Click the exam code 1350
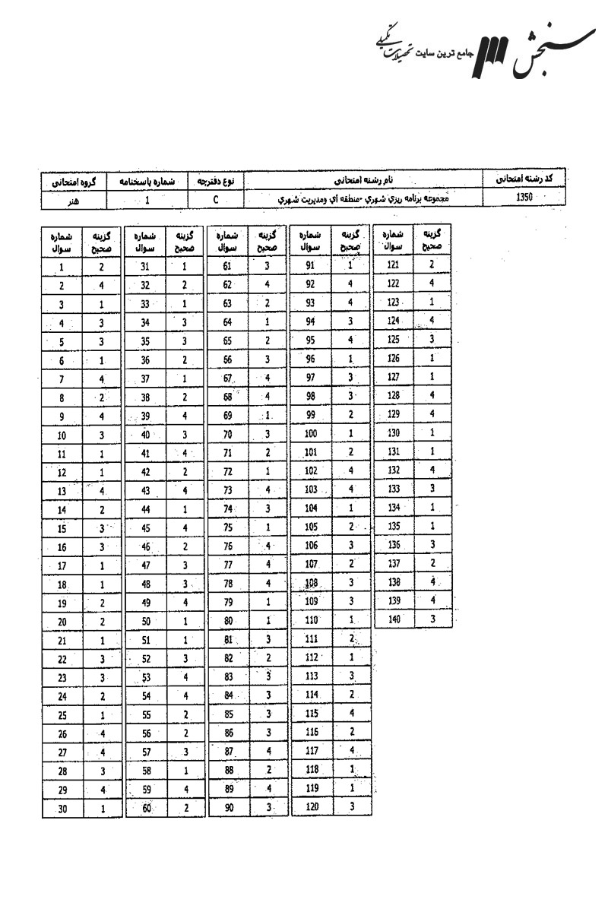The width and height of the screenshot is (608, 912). [524, 198]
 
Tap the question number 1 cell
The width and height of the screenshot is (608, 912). [61, 267]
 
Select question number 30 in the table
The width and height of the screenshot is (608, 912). [62, 809]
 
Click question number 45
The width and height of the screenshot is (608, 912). [146, 529]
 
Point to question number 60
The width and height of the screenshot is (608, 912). [146, 809]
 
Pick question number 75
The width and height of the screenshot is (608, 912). [227, 529]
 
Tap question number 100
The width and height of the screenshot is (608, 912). [310, 433]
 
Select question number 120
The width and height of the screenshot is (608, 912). [312, 806]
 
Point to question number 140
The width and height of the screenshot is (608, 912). [394, 619]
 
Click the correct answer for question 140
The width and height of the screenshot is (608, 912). [432, 619]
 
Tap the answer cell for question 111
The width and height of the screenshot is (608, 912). [352, 638]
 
